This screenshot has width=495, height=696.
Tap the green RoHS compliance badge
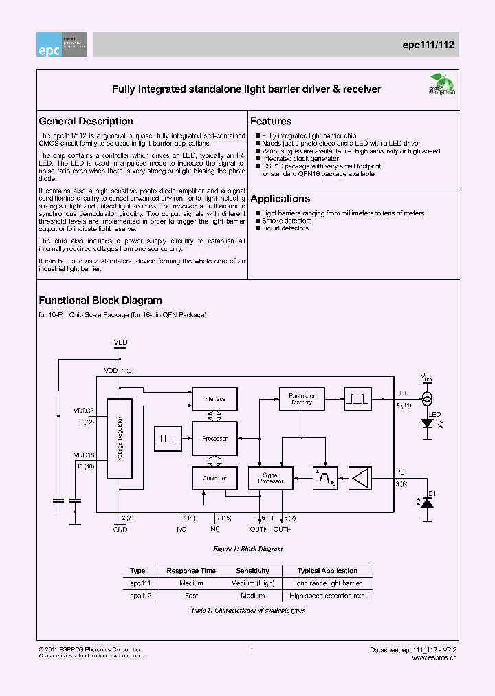[442, 87]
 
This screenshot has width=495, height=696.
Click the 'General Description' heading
[86, 121]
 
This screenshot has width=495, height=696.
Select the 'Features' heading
[271, 121]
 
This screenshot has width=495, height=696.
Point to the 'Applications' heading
[280, 199]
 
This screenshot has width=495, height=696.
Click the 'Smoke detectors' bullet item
[287, 221]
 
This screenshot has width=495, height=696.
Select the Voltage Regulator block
[120, 439]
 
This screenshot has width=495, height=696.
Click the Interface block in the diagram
[214, 399]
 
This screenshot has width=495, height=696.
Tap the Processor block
[214, 439]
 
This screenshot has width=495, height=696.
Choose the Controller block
[214, 478]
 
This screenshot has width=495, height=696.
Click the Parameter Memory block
[302, 399]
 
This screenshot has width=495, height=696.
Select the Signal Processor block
[270, 478]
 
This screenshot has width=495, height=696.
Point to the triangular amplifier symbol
[360, 478]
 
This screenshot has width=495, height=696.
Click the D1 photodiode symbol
[427, 503]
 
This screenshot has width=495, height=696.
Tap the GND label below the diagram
[120, 530]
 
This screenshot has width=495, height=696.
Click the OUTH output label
[283, 530]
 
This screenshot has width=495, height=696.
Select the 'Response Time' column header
[191, 571]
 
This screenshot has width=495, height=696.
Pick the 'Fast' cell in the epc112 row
[191, 596]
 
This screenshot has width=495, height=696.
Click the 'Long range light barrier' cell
[327, 583]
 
